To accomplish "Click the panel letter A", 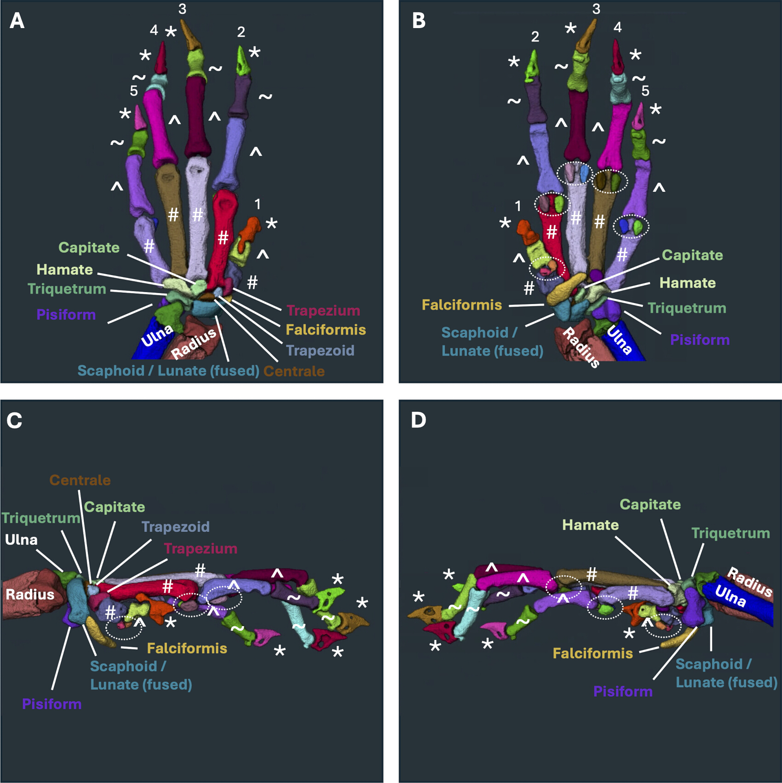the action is tap(17, 21).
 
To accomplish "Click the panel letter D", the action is tap(419, 420).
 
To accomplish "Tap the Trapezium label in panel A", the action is tap(323, 311).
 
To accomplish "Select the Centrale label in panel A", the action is tap(294, 371).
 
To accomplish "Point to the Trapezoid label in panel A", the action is tap(320, 351).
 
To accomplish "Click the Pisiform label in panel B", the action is tap(700, 340).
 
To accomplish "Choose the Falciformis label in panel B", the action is tap(462, 305).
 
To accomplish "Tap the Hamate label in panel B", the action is tap(687, 282).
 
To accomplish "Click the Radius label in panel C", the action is tap(30, 594).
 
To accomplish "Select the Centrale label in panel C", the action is tap(80, 480).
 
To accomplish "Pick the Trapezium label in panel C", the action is tap(201, 548).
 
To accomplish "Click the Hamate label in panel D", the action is tap(590, 525).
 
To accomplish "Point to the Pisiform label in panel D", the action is tap(623, 691).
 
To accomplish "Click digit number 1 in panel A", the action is tap(258, 204).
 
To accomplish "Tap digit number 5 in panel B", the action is tap(645, 91).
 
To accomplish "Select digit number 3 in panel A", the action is tap(182, 9).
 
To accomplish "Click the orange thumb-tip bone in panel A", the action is tap(251, 228).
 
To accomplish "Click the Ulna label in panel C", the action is tap(21, 540).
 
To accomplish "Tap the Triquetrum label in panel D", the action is tap(730, 533).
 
